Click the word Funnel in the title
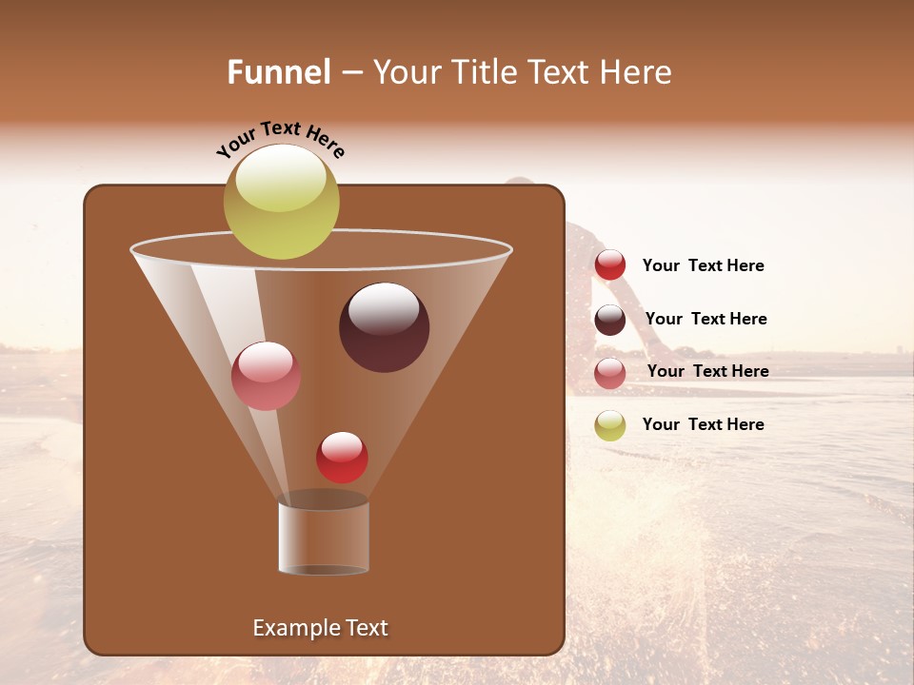pos(279,72)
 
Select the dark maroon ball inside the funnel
pos(384,328)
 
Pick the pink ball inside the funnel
pos(266,376)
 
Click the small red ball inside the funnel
pos(342,458)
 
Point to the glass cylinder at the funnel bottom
pos(323,538)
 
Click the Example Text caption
pos(320,628)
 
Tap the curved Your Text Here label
pos(280,139)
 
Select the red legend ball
pos(610,265)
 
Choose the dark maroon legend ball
pos(610,320)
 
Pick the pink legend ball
pos(610,373)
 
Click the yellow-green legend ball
pos(610,425)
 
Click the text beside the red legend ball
pos(703,266)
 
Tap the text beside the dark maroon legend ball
pos(705,319)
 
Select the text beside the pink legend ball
pos(707,371)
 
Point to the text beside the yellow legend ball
pos(703,424)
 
